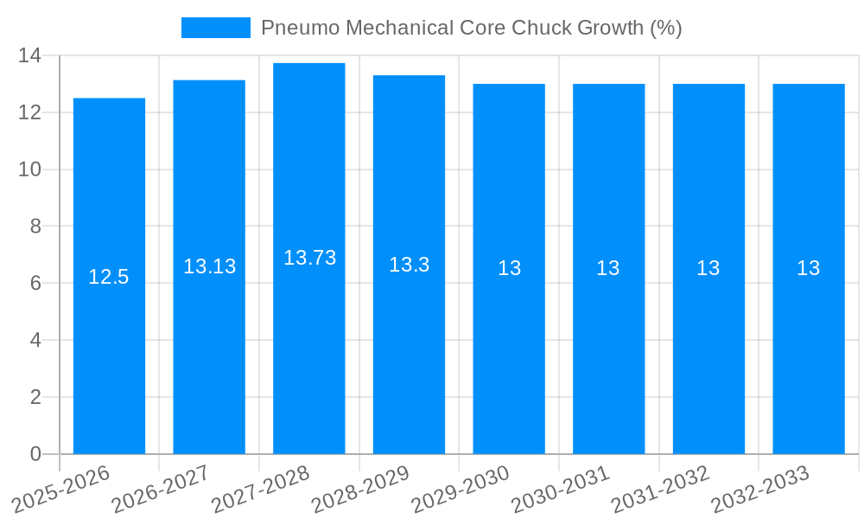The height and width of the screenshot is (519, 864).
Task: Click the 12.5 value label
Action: pos(109,277)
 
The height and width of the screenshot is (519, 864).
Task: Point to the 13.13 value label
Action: pos(209,266)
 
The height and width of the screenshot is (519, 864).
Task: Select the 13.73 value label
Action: pos(309,258)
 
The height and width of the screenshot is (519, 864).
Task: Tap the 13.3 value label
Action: pos(409,265)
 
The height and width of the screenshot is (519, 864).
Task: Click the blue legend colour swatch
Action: pos(215,28)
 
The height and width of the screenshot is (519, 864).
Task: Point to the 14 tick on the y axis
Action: pos(29,56)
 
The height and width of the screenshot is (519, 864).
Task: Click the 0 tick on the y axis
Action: pos(35,454)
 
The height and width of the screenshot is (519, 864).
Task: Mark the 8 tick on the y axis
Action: pos(35,227)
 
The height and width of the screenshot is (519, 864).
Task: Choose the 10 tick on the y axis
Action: pos(29,170)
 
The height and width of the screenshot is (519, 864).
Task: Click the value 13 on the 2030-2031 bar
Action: pos(608,268)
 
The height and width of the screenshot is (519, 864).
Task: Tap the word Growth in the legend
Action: pos(610,28)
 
